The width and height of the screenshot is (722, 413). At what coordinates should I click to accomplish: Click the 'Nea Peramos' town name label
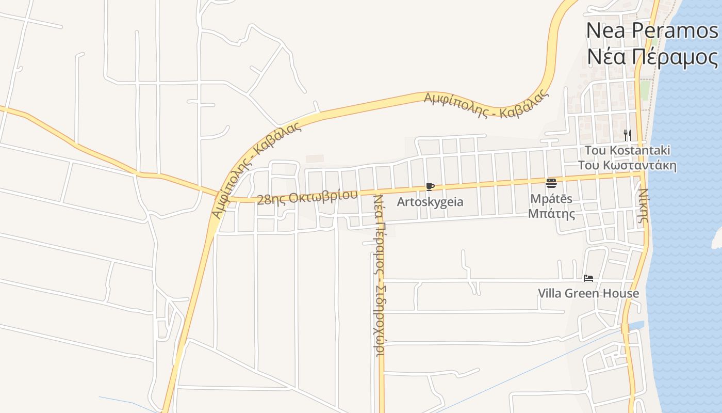click(x=651, y=31)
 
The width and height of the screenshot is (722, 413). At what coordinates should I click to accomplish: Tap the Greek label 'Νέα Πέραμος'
click(x=651, y=57)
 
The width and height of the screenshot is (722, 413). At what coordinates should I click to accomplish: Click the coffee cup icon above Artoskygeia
click(x=430, y=186)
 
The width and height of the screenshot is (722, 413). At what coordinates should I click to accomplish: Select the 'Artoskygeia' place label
click(x=430, y=202)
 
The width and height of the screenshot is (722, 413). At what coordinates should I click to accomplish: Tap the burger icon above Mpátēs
click(x=551, y=183)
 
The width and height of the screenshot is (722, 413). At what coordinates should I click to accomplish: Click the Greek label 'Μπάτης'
click(x=551, y=213)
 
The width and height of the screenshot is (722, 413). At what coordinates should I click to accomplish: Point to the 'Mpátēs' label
click(x=551, y=199)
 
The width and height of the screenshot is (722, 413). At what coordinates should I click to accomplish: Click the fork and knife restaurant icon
click(x=628, y=135)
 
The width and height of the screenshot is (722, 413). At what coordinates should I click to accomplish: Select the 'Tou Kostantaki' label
click(x=627, y=150)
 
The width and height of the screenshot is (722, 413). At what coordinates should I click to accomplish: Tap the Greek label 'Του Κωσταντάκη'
click(x=627, y=166)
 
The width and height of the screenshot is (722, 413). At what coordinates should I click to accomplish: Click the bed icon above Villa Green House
click(x=588, y=278)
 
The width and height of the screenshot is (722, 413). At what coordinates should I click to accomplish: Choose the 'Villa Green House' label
click(x=588, y=294)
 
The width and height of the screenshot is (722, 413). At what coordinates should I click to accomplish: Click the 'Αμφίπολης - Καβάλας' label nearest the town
click(x=486, y=104)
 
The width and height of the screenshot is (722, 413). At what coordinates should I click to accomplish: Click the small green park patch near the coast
click(x=645, y=90)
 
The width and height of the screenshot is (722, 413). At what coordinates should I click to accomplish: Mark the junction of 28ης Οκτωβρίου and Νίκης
click(x=641, y=174)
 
